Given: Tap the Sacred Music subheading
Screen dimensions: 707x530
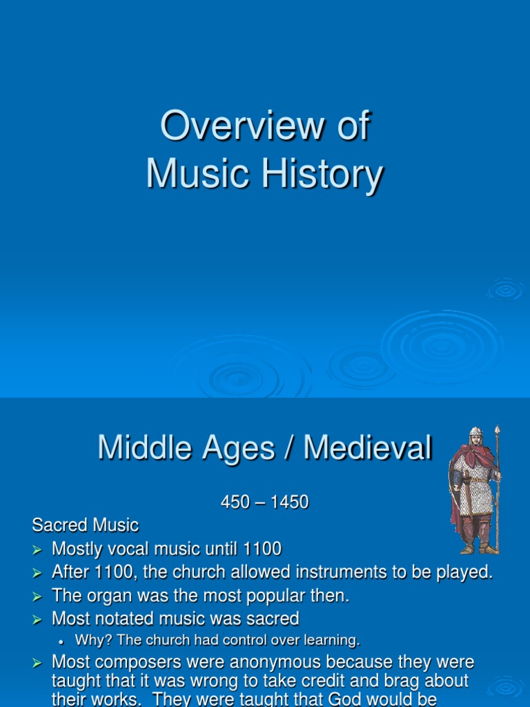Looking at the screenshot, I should (86, 525).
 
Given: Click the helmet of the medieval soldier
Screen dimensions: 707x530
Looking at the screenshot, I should (475, 434).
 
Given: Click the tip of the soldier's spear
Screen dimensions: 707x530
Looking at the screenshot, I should (497, 429).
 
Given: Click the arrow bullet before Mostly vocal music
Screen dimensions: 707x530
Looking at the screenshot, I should (38, 550).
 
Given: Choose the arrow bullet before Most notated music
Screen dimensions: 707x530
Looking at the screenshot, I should (38, 619).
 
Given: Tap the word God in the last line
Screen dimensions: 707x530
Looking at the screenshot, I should (336, 699).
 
